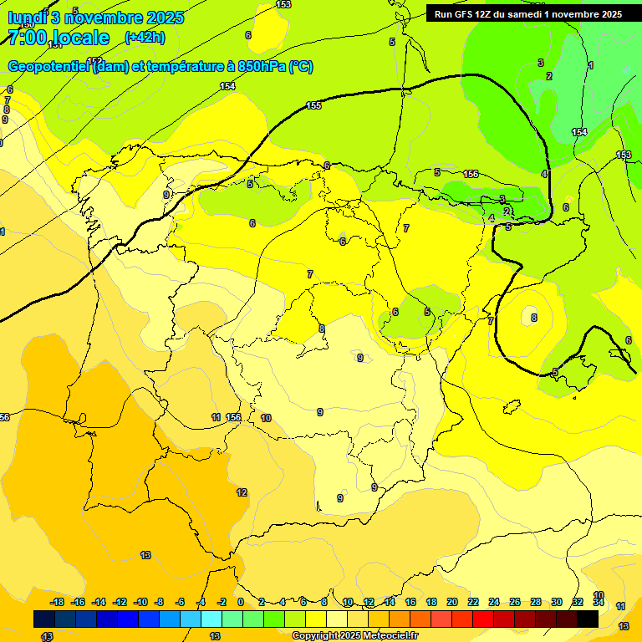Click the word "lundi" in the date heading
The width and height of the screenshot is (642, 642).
point(28,18)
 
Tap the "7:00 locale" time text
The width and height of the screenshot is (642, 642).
point(59,38)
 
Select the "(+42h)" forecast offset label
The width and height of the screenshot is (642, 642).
point(145,38)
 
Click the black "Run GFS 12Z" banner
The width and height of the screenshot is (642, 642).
point(527,13)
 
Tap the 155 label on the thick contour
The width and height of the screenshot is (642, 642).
point(314,105)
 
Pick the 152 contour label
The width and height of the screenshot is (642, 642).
point(94,60)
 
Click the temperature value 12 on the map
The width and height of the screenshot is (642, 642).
point(242,492)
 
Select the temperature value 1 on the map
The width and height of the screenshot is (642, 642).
point(591,65)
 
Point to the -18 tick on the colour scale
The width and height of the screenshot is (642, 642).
point(57,602)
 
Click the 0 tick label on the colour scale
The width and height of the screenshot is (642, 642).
point(241,602)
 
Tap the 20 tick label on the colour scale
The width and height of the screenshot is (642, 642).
point(452,602)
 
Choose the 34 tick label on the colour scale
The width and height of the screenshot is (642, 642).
point(599,602)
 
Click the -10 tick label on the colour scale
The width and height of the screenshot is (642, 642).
point(140,602)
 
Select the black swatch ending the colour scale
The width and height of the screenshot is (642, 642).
point(588,619)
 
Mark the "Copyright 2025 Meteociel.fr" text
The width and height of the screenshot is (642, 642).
point(354,636)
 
